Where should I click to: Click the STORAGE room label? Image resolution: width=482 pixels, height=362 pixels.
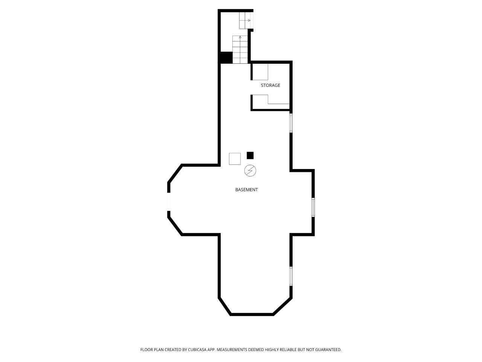(270, 85)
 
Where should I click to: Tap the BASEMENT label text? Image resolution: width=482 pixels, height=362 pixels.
(246, 190)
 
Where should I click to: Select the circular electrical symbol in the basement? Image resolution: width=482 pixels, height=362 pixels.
(250, 170)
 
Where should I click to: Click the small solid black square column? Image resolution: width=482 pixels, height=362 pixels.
(250, 155)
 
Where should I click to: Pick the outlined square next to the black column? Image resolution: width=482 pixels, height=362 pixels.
(235, 159)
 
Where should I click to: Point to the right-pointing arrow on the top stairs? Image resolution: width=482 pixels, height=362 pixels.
(249, 20)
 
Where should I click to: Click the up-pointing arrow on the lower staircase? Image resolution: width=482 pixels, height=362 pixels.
(240, 38)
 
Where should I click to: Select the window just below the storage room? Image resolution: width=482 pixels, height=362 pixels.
(291, 123)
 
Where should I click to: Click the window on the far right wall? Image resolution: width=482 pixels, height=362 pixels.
(313, 207)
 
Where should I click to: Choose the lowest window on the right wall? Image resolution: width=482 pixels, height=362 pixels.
(291, 276)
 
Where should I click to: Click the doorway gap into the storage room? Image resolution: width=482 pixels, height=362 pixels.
(252, 87)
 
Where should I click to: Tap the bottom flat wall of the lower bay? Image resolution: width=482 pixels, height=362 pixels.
(252, 314)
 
